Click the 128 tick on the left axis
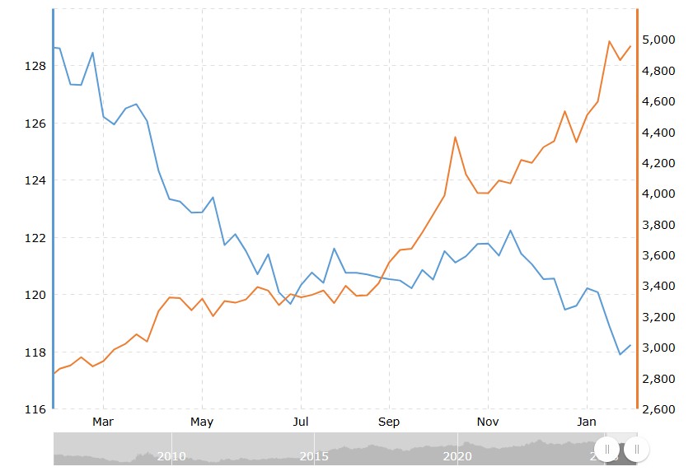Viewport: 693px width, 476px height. pyautogui.click(x=36, y=66)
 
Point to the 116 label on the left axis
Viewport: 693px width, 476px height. pyautogui.click(x=36, y=409)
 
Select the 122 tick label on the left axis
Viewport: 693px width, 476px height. pyautogui.click(x=36, y=238)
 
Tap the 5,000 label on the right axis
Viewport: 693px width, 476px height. pyautogui.click(x=659, y=40)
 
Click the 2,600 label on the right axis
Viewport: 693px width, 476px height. pyautogui.click(x=659, y=409)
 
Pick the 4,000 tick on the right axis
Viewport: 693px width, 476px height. pyautogui.click(x=659, y=194)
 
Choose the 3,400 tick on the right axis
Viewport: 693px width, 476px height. pyautogui.click(x=659, y=287)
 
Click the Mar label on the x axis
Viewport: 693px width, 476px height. pyautogui.click(x=103, y=422)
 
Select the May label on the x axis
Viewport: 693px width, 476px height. pyautogui.click(x=202, y=422)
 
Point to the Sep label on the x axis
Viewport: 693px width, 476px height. pyautogui.click(x=389, y=422)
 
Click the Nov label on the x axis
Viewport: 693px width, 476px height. pyautogui.click(x=488, y=422)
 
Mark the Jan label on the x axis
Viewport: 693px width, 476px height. pyautogui.click(x=587, y=422)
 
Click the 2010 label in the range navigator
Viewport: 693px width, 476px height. pyautogui.click(x=171, y=455)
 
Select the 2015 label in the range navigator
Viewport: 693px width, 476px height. pyautogui.click(x=314, y=455)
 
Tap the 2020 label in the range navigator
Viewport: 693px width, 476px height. pyautogui.click(x=457, y=455)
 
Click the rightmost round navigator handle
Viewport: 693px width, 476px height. pyautogui.click(x=637, y=449)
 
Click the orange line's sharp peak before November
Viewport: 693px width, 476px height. pyautogui.click(x=455, y=137)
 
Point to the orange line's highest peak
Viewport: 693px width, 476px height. pyautogui.click(x=610, y=41)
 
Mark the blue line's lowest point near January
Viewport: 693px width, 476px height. pyautogui.click(x=620, y=354)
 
